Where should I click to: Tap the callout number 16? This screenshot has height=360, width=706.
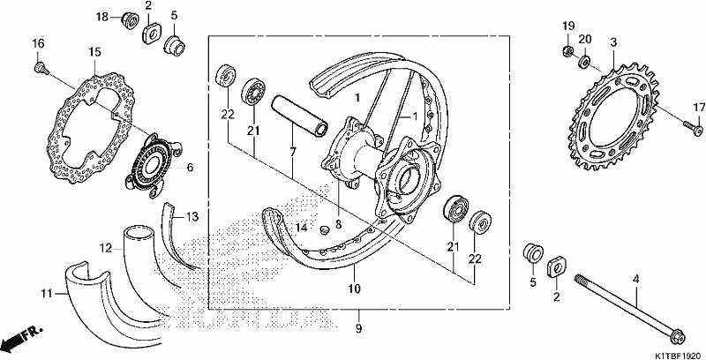[38, 43]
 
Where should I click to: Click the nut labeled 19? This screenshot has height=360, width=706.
[567, 50]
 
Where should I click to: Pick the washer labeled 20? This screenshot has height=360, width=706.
[585, 61]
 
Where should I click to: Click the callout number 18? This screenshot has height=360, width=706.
[102, 17]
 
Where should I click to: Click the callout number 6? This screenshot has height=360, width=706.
[190, 168]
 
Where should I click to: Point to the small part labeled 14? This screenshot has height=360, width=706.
[323, 230]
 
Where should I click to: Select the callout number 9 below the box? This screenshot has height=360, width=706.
[358, 329]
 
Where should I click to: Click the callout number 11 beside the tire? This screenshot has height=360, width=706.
[47, 295]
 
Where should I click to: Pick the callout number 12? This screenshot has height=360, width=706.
[105, 247]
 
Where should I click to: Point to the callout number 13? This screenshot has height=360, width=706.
[192, 217]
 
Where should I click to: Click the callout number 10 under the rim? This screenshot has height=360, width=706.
[355, 288]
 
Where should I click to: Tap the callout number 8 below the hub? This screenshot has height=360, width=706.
[338, 223]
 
